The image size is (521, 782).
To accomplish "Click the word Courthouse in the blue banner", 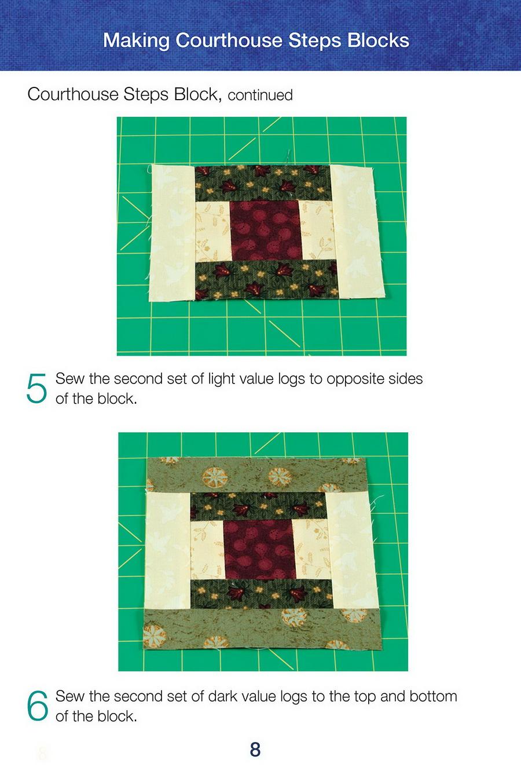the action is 229,40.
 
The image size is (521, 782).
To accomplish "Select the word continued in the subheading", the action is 260,95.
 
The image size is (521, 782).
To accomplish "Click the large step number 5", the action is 36,388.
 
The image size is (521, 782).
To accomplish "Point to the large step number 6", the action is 38,706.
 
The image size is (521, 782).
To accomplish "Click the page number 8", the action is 255,750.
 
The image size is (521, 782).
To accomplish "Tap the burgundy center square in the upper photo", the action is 266,230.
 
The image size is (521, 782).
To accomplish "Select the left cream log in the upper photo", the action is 173,233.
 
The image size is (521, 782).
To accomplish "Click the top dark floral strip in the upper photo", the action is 263,183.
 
